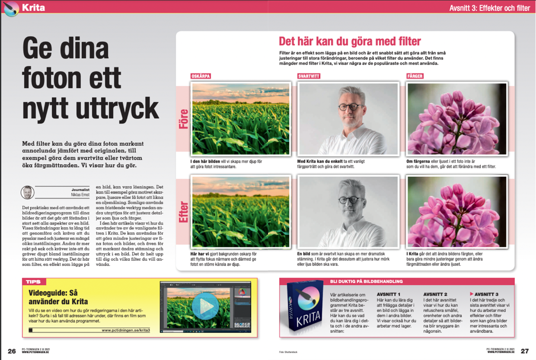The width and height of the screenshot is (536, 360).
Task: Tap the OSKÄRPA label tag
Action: coord(201,76)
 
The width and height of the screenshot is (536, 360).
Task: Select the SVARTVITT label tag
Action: coord(309,76)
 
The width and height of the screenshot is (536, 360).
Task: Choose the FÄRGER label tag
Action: coord(415,76)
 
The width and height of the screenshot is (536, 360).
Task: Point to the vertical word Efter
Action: coord(184,212)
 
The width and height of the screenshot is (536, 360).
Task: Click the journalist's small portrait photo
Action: coord(27,192)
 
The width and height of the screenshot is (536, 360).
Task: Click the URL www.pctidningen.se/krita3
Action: coord(126,330)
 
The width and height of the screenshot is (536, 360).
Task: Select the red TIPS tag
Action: coord(34,282)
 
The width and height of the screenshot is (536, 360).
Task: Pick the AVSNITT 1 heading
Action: coord(389,294)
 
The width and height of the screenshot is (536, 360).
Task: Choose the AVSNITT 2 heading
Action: coord(435,294)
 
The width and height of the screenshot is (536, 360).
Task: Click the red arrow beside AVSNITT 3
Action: coord(472,294)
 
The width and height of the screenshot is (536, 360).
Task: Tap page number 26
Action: coord(12,350)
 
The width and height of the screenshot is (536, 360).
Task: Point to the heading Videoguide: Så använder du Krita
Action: coord(58,297)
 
